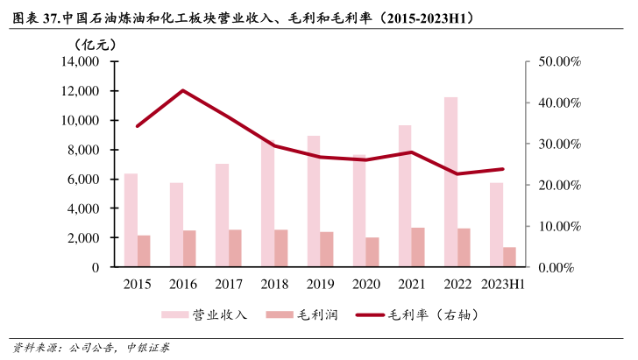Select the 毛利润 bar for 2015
click(144, 251)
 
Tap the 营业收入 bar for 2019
click(313, 201)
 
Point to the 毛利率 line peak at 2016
click(182, 90)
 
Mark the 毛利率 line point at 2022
click(457, 173)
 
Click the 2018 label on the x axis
click(274, 284)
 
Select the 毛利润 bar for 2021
click(418, 247)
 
